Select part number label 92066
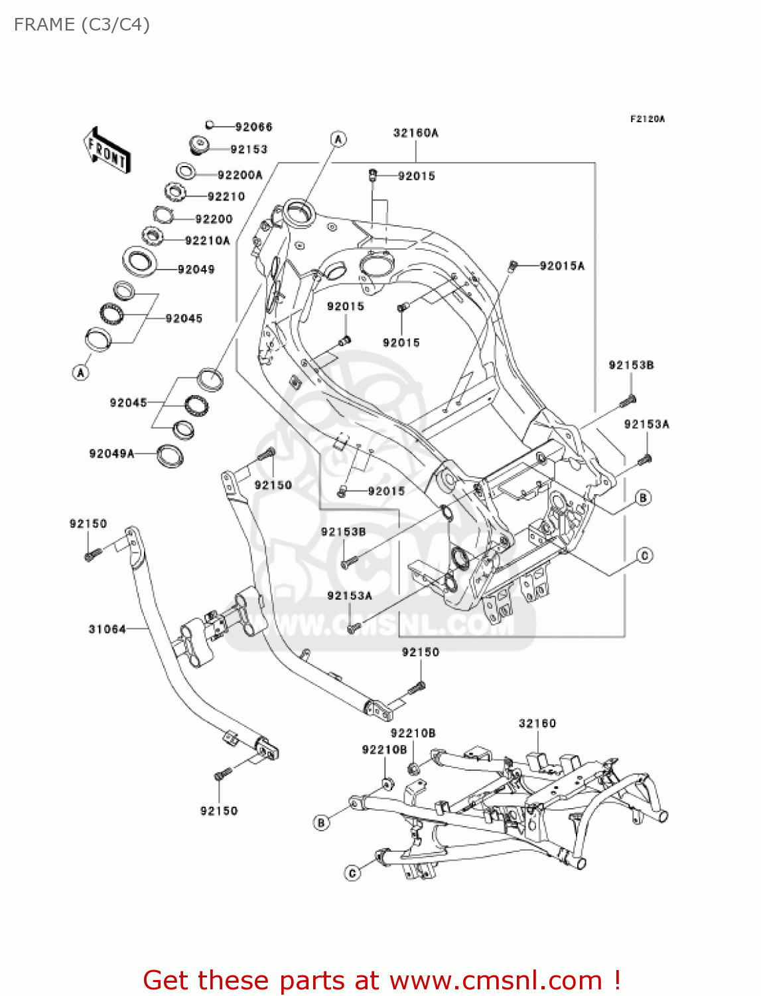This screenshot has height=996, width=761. click(253, 127)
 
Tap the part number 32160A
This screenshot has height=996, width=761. click(415, 133)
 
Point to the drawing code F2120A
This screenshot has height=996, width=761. click(647, 120)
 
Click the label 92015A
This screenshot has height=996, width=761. click(562, 266)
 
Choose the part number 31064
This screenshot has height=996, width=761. click(107, 629)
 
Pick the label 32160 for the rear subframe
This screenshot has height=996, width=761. click(537, 724)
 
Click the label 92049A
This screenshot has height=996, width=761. click(111, 454)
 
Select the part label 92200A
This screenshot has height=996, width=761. click(240, 175)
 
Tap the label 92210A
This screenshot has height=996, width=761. click(207, 241)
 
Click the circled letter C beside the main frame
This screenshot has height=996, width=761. click(644, 556)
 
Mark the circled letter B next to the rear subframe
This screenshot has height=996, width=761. click(321, 823)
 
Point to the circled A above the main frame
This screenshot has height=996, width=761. click(338, 139)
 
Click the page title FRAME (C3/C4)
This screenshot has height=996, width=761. click(82, 25)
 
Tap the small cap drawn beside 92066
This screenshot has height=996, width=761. click(209, 124)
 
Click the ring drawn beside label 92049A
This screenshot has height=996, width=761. click(170, 456)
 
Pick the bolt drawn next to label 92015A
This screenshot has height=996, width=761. click(512, 266)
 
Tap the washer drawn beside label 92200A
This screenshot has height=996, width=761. click(186, 171)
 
